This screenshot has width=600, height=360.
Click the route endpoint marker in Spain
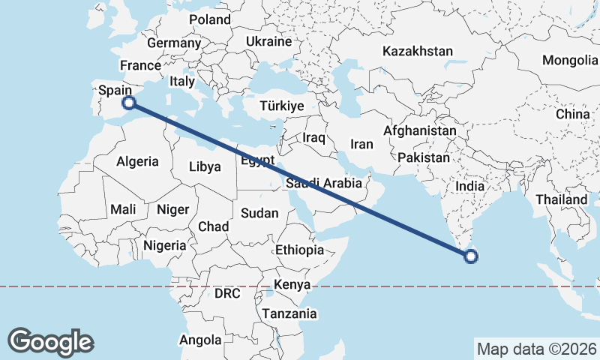[x=129, y=103]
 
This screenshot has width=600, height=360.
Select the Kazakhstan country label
[x=418, y=52]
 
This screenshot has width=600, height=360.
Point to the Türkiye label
[x=281, y=106]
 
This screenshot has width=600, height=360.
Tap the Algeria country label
[x=137, y=161]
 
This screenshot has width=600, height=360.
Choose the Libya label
[x=205, y=166]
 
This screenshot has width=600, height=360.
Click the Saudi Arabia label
[x=324, y=183]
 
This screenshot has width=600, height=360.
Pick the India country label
[x=470, y=186]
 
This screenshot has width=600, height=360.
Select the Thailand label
[x=561, y=200]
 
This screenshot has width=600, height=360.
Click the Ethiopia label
[x=299, y=250]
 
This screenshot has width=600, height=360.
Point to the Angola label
[x=201, y=340]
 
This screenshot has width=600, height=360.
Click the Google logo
[x=51, y=341]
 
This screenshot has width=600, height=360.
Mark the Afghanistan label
[x=419, y=130]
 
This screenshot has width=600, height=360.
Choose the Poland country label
[x=210, y=19]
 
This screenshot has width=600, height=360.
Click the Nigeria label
[x=163, y=245]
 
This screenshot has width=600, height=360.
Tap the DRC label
[x=227, y=293]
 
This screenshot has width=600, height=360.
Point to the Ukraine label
[x=268, y=41]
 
